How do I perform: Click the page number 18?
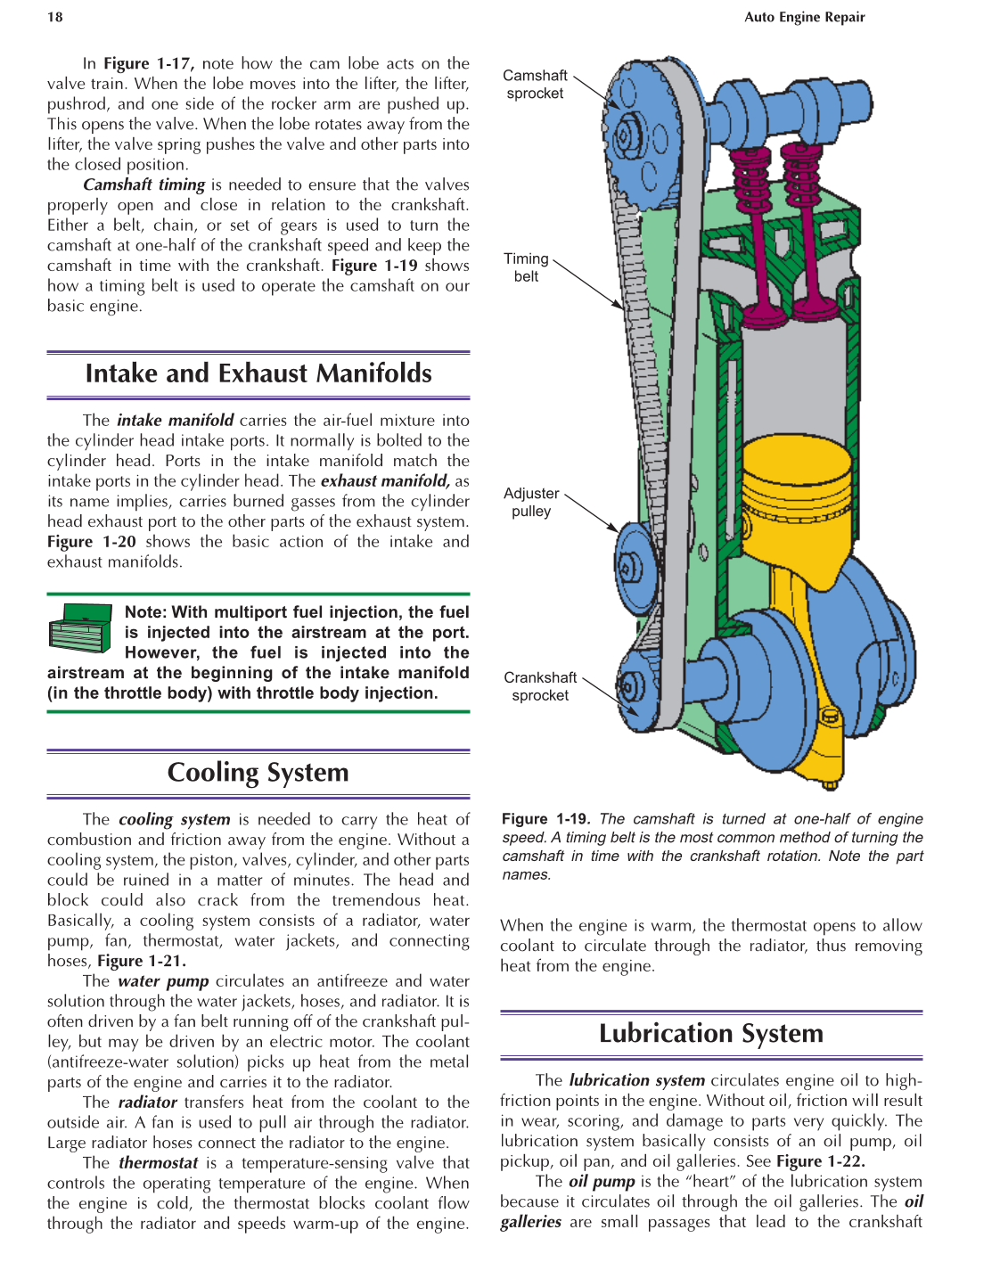click(55, 17)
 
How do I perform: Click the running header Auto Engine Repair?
click(804, 17)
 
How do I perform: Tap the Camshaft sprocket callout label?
click(535, 85)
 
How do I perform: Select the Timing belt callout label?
click(526, 267)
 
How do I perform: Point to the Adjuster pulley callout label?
click(531, 502)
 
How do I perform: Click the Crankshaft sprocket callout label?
click(540, 686)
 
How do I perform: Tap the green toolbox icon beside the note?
click(80, 628)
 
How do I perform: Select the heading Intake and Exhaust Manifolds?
click(258, 373)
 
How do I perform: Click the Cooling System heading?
click(258, 772)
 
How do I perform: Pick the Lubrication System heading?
click(710, 1034)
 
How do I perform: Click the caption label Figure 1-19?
click(545, 819)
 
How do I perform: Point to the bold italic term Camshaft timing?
click(144, 184)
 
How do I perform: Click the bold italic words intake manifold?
click(176, 420)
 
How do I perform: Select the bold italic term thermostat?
click(159, 1163)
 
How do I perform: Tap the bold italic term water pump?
click(163, 981)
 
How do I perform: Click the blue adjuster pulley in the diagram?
click(635, 566)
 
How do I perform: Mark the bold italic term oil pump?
click(602, 1182)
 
